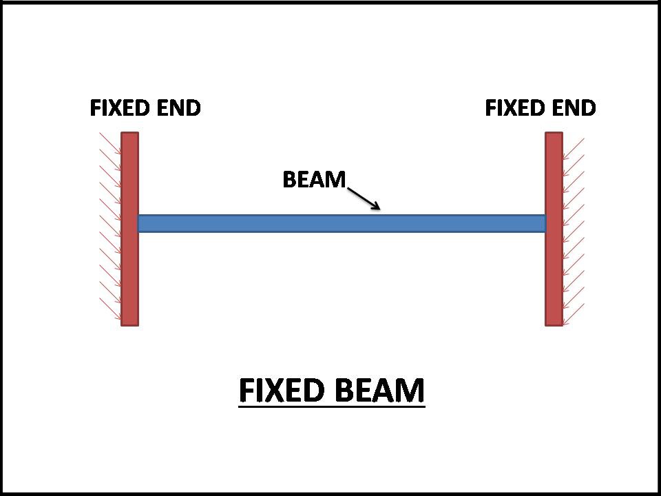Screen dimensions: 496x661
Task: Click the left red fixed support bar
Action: click(x=129, y=276)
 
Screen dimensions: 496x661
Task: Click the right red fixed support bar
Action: click(x=554, y=276)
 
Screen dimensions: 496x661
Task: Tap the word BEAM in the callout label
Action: click(x=314, y=180)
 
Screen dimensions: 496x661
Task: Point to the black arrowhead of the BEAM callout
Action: click(x=375, y=206)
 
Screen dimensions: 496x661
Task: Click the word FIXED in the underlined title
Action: click(x=281, y=391)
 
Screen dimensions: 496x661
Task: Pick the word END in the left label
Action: click(x=179, y=108)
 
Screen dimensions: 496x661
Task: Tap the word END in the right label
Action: click(x=574, y=108)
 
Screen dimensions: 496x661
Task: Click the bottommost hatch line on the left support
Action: click(x=110, y=313)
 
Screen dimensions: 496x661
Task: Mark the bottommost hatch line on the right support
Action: click(x=574, y=313)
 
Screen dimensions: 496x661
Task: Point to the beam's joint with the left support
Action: click(x=139, y=223)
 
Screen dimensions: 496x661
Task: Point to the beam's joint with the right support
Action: click(x=545, y=223)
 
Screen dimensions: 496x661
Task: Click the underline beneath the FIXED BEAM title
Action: click(x=331, y=407)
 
